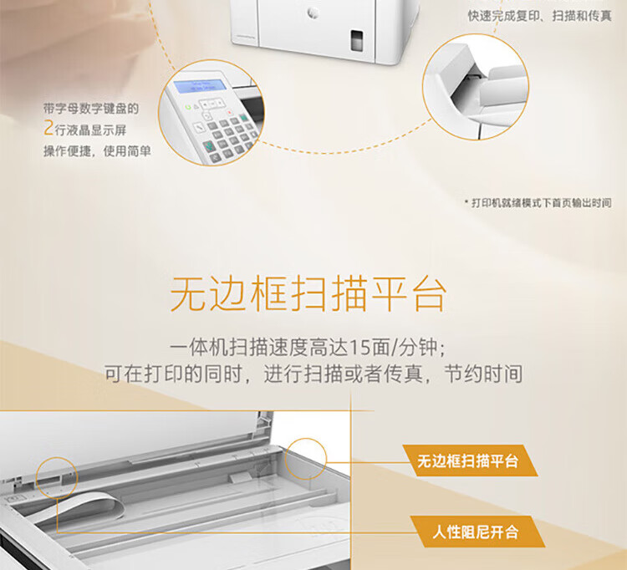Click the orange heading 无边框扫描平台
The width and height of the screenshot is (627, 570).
pyautogui.click(x=308, y=294)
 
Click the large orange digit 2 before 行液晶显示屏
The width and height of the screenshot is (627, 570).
pyautogui.click(x=48, y=129)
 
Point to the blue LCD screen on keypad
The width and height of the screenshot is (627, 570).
pyautogui.click(x=200, y=86)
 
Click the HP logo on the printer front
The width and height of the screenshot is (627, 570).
pyautogui.click(x=313, y=13)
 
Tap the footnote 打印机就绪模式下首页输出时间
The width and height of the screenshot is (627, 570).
pyautogui.click(x=541, y=202)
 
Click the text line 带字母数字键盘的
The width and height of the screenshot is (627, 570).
pyautogui.click(x=91, y=109)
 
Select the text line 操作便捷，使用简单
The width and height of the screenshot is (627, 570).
pyautogui.click(x=97, y=151)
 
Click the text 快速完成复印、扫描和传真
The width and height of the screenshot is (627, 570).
pyautogui.click(x=540, y=16)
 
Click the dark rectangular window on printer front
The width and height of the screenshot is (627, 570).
pyautogui.click(x=357, y=40)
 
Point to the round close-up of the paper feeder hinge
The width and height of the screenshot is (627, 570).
pyautogui.click(x=476, y=87)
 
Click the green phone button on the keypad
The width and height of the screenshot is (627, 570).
pyautogui.click(x=209, y=145)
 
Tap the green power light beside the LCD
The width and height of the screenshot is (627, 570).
pyautogui.click(x=187, y=107)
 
